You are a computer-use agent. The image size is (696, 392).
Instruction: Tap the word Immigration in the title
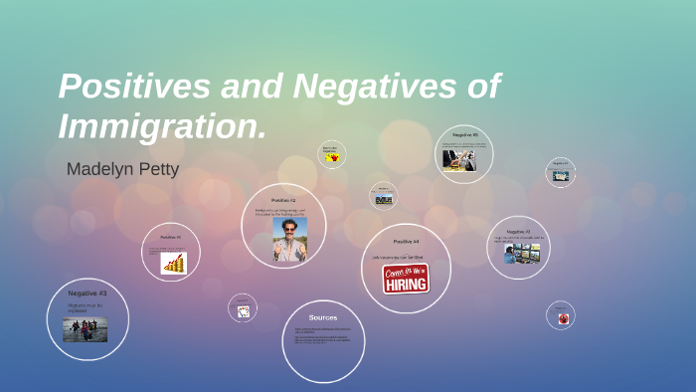pos(159,126)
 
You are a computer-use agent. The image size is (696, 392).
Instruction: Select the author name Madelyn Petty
pos(122,169)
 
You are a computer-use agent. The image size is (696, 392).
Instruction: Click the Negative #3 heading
pos(87,294)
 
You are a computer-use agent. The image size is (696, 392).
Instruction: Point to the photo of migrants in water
pos(86,329)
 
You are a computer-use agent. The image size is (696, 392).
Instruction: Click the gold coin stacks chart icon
pos(174,263)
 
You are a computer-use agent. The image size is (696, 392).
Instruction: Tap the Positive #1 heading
pos(170,237)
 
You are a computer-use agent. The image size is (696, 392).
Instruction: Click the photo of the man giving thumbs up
pos(289,240)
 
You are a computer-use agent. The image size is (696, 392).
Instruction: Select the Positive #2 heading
pos(283,200)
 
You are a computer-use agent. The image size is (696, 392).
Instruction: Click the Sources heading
pos(323,317)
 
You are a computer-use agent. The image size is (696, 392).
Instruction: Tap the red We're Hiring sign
pos(406,279)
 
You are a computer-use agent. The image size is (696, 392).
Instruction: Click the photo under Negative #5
pos(459,160)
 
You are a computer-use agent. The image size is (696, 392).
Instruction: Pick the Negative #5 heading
pos(465,134)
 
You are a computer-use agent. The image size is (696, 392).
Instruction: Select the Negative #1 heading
pos(518,231)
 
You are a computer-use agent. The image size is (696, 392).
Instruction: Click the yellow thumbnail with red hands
pos(332,157)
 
